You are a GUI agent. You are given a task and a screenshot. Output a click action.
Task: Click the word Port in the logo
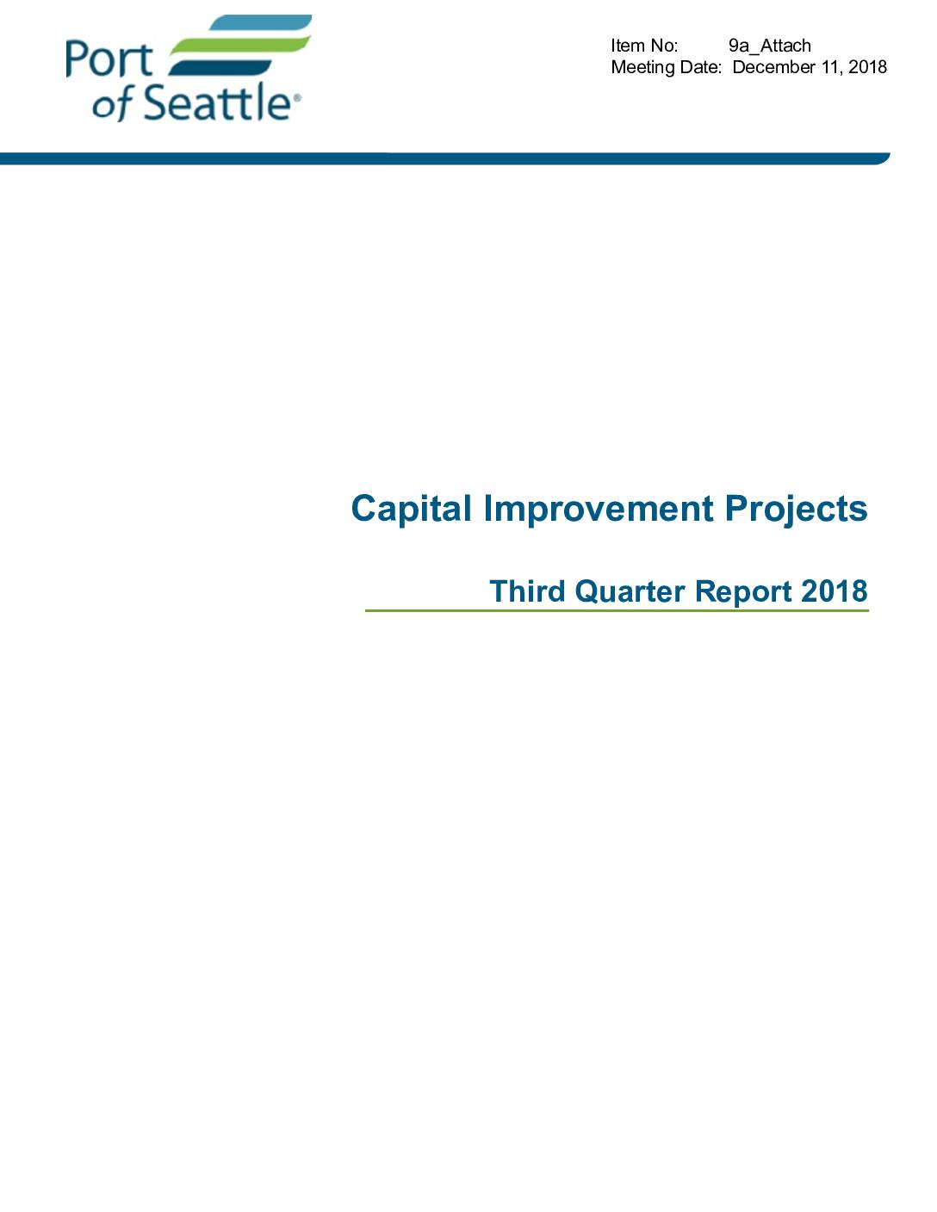click(x=109, y=59)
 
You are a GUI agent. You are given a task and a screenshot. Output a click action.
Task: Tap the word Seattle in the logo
click(x=218, y=102)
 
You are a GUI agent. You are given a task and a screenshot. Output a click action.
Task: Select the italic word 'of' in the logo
click(x=112, y=104)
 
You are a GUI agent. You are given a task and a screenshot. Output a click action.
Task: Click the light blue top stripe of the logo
click(x=262, y=22)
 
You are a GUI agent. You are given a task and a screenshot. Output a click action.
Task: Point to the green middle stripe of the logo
click(x=240, y=45)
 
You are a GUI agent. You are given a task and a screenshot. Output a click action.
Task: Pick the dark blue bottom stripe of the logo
click(x=220, y=67)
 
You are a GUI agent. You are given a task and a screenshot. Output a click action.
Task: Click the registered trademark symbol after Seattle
click(x=296, y=98)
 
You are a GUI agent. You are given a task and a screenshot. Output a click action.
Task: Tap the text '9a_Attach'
click(x=770, y=46)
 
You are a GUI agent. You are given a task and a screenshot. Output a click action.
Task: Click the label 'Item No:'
click(x=644, y=46)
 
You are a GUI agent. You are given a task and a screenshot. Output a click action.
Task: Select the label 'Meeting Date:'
click(x=667, y=67)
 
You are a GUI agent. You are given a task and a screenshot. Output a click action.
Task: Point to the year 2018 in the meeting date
click(x=867, y=67)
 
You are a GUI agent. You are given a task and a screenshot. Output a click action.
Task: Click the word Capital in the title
click(x=412, y=510)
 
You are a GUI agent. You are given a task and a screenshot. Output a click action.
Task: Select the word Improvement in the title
click(x=599, y=508)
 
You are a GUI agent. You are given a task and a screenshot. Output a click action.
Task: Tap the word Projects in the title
click(x=797, y=510)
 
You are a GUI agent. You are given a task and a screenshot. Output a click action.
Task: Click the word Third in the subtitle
click(x=527, y=591)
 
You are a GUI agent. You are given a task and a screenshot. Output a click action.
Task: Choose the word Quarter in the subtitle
click(x=630, y=591)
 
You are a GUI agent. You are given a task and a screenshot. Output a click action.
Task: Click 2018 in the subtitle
click(x=835, y=591)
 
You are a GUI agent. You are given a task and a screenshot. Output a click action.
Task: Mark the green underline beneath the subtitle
click(x=617, y=611)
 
